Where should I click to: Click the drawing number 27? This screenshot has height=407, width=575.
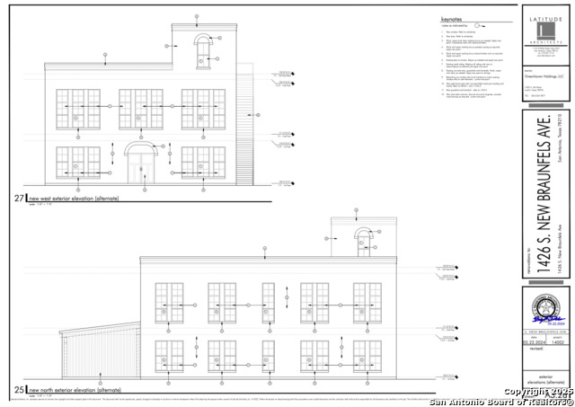click(x=19, y=198)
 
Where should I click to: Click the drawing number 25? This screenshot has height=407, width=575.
click(x=19, y=390)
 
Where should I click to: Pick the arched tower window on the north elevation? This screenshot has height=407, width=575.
click(x=363, y=238)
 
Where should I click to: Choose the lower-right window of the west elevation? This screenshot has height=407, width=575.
click(x=203, y=162)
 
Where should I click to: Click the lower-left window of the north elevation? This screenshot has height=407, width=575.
click(x=169, y=356)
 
